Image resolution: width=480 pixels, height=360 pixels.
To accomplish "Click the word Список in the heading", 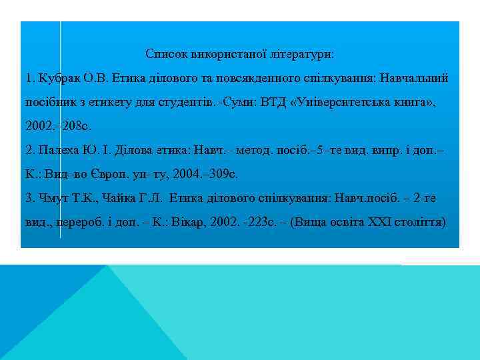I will pos(165,53).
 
